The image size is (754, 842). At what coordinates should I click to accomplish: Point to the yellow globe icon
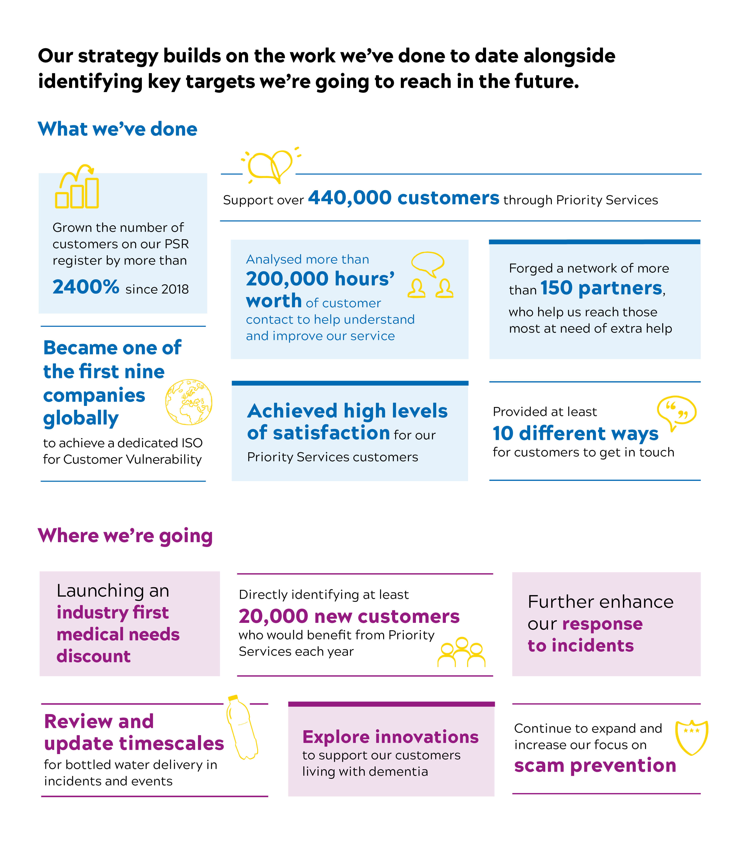click(189, 402)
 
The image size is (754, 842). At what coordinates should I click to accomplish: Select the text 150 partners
click(601, 288)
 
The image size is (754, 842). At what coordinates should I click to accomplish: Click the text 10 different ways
click(575, 433)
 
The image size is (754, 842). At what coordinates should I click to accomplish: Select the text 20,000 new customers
click(349, 616)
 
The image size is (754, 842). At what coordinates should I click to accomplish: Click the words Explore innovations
click(390, 737)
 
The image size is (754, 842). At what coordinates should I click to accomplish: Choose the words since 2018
click(157, 289)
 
